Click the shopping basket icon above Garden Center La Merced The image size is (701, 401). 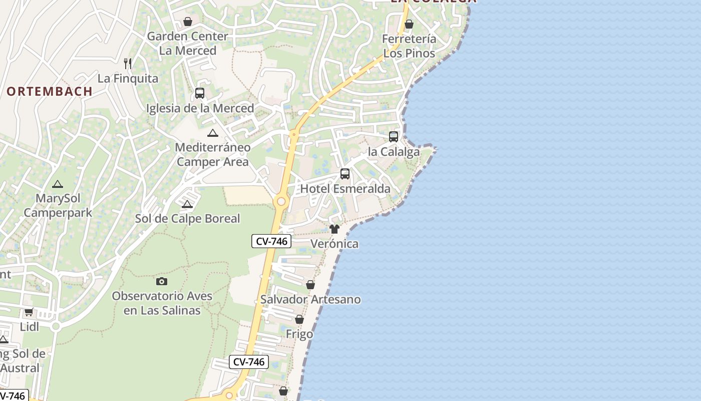click(188, 22)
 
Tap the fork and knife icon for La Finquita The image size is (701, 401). click(128, 63)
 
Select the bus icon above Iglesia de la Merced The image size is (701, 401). click(200, 93)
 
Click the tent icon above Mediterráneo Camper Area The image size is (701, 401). click(213, 133)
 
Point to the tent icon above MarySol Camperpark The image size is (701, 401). click(58, 184)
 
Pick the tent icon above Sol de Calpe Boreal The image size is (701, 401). click(187, 204)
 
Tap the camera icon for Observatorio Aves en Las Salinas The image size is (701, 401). click(162, 281)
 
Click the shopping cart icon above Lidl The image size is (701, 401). click(29, 312)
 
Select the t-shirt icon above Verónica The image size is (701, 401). click(334, 229)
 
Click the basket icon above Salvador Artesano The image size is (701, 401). click(310, 285)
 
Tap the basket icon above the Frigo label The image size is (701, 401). click(299, 319)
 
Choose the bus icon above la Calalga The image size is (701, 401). click(394, 136)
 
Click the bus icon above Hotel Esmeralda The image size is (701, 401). click(345, 174)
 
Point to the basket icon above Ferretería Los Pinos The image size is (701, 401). click(409, 24)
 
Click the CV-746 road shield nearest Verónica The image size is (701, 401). click(271, 241)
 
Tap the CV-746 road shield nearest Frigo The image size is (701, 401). click(249, 362)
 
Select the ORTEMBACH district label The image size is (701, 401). click(50, 91)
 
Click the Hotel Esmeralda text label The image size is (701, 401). click(345, 189)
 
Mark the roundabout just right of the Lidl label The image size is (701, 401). click(56, 326)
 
